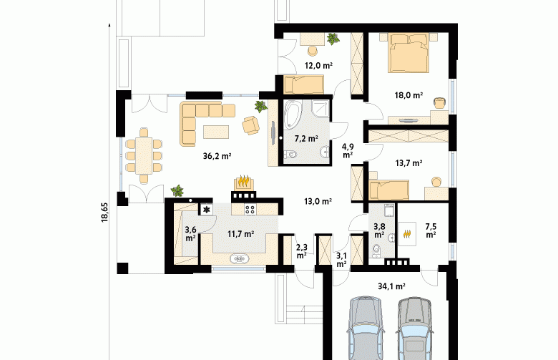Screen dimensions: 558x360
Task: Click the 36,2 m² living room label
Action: [x=217, y=156]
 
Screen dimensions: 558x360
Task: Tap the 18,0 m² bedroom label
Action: [x=408, y=95]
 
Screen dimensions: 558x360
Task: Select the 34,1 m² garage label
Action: [x=392, y=286]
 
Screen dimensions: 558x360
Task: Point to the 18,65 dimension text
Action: [x=104, y=213]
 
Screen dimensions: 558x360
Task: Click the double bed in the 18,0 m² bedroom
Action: [x=408, y=53]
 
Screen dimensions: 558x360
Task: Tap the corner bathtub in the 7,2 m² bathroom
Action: [x=293, y=114]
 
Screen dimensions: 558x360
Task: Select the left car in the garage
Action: [x=366, y=328]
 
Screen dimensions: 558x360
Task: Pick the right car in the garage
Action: [x=415, y=329]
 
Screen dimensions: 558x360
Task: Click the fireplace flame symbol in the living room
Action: [x=244, y=183]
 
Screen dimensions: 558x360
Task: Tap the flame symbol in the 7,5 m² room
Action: [x=408, y=234]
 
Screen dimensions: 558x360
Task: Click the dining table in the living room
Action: [x=144, y=155]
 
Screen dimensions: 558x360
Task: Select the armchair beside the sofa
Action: [x=251, y=125]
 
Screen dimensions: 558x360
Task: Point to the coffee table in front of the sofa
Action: [x=216, y=132]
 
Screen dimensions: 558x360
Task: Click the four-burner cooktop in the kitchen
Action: [x=250, y=209]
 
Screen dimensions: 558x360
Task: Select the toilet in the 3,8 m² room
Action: [x=376, y=251]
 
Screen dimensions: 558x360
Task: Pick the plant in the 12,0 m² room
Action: [x=333, y=39]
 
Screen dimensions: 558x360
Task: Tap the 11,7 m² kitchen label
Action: [x=240, y=234]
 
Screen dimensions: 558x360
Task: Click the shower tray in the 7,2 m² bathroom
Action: [x=320, y=109]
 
